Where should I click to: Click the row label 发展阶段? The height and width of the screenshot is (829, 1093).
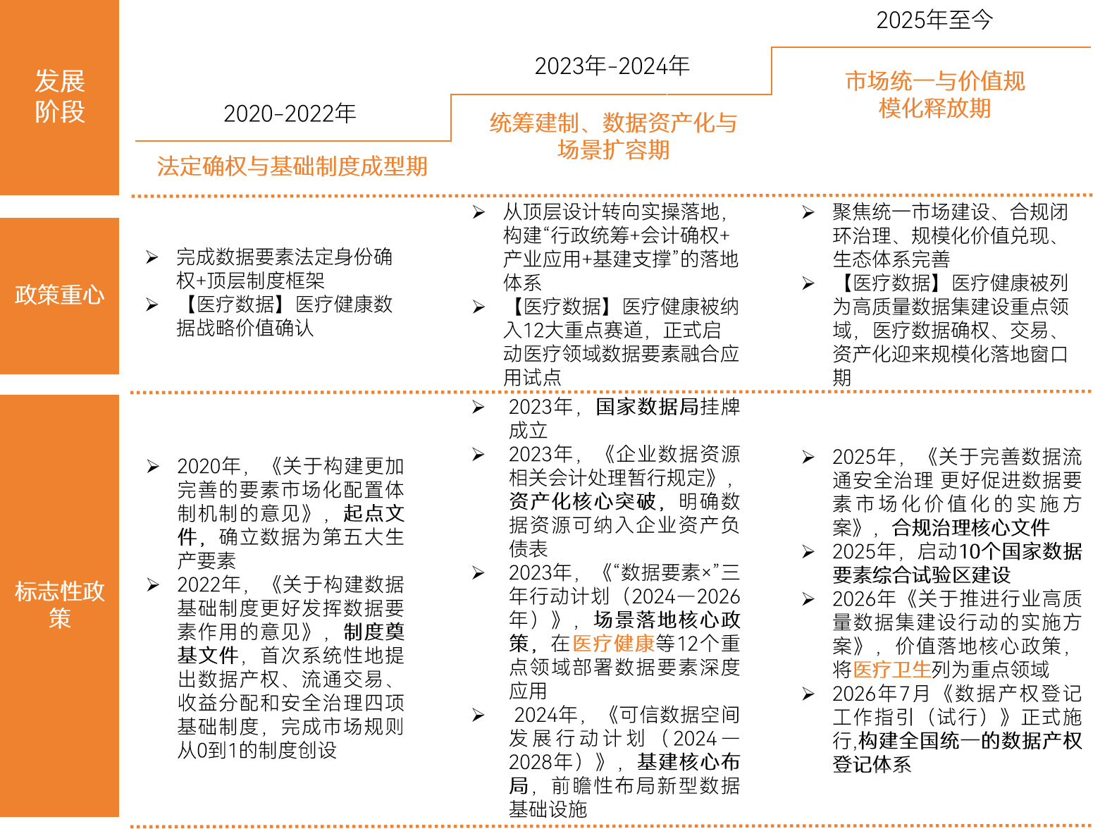point(59,96)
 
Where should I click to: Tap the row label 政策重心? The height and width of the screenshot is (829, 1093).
point(59,295)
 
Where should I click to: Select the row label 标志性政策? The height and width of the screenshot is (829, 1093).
point(59,604)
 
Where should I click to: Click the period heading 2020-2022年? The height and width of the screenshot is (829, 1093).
point(290,113)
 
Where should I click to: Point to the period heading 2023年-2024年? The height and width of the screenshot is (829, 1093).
point(612,66)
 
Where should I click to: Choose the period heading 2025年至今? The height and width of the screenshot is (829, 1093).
point(934,20)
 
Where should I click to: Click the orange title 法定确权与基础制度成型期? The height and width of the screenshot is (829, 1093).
point(292,166)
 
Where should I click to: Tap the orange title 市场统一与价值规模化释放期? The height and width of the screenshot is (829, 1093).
point(934,94)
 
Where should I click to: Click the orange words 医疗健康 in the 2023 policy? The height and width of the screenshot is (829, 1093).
point(613,644)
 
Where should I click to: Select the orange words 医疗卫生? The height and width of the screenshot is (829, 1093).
point(892,669)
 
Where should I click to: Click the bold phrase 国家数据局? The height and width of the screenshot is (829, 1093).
point(647,406)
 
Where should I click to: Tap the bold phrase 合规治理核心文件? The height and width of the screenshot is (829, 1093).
point(970,527)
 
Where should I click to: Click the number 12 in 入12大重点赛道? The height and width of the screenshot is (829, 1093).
point(533,330)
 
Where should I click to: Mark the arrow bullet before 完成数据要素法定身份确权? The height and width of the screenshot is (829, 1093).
point(152,257)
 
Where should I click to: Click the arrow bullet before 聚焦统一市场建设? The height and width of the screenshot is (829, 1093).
point(808,212)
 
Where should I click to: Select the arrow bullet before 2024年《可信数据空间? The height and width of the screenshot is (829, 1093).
point(478,715)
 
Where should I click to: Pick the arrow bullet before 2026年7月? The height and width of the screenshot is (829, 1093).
point(808,694)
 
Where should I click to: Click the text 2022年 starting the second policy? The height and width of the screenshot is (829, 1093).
point(209,584)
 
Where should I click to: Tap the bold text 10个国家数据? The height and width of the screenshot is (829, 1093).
point(1020,551)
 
